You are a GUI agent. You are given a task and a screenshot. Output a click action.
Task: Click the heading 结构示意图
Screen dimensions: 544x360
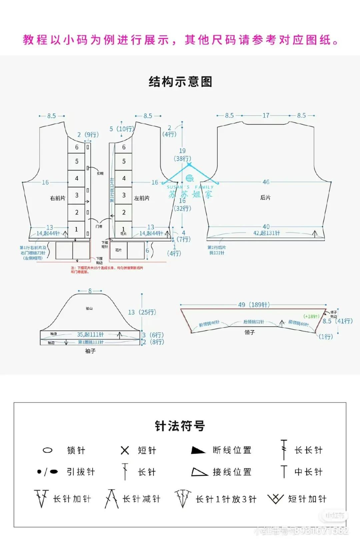tap(180, 82)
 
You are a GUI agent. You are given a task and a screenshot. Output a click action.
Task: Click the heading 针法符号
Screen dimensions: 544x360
tap(180, 426)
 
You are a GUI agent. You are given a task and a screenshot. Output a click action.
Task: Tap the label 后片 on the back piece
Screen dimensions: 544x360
tap(265, 198)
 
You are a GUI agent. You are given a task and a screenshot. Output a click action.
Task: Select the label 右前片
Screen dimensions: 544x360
tap(58, 198)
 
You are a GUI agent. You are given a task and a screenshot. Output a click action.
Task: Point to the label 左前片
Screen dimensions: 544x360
tap(142, 198)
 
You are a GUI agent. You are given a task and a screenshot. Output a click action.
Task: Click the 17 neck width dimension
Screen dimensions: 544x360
tap(266, 115)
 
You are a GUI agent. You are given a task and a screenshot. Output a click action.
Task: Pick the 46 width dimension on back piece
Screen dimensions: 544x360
tap(266, 182)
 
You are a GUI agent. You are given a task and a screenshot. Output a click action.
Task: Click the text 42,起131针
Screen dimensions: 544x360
tap(267, 233)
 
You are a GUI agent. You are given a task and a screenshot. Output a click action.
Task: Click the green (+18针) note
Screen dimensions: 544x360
tap(311, 316)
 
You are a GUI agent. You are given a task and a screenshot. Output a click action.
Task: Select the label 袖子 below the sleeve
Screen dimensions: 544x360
tap(90, 351)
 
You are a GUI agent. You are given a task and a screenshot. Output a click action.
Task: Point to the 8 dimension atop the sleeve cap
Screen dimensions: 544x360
tap(90, 291)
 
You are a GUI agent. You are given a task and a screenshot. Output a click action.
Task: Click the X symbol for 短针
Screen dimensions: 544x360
tap(125, 450)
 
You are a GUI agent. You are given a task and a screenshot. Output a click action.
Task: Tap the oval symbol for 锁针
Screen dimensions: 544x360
tap(48, 450)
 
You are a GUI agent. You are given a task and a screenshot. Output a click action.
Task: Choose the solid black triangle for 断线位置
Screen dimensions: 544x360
tap(198, 450)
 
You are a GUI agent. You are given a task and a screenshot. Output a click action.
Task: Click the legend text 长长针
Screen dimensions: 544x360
tap(308, 450)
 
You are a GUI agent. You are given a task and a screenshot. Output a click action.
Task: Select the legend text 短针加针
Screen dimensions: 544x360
tap(307, 499)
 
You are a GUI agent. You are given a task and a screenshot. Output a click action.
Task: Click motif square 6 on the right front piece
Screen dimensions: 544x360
tap(76, 147)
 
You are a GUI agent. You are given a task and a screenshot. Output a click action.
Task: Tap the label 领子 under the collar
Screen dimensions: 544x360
tap(250, 332)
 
